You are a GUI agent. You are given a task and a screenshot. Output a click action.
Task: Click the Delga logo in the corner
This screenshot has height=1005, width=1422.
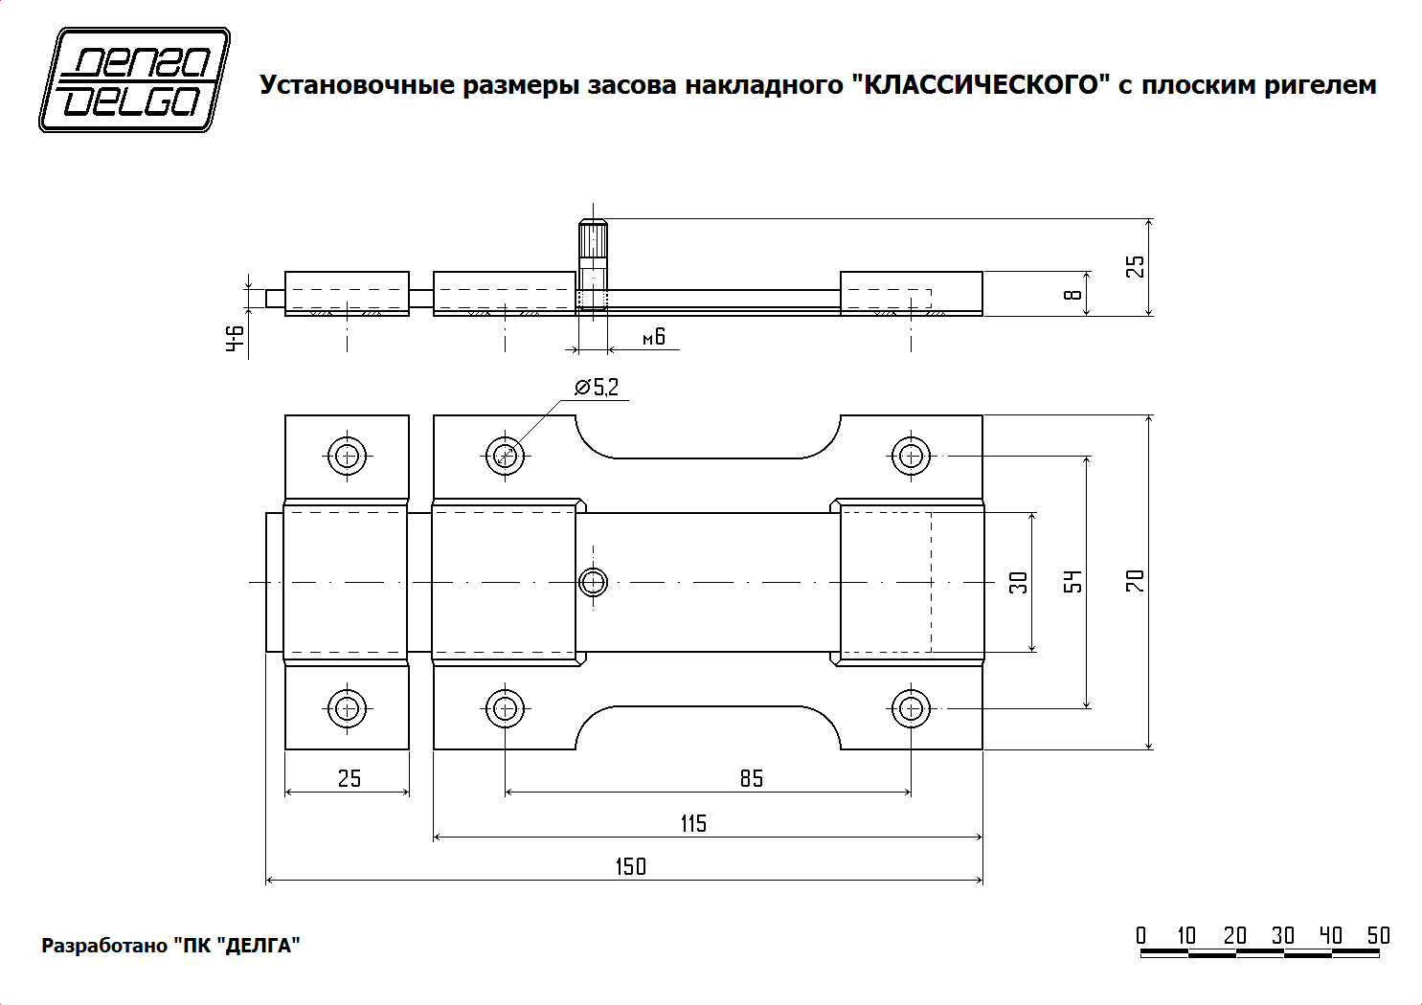click(134, 79)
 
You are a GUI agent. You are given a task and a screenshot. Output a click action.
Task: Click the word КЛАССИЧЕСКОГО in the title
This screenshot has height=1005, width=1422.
click(981, 85)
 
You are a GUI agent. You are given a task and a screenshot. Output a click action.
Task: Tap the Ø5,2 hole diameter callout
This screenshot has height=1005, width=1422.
click(598, 388)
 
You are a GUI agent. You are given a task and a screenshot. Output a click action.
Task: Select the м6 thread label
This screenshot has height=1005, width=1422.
click(654, 337)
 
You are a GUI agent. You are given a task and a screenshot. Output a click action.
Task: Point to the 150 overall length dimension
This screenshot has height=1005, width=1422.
click(630, 866)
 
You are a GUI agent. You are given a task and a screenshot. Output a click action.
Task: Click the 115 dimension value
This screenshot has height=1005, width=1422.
click(693, 823)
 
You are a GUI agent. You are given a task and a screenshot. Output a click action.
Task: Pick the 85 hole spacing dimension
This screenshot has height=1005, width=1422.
click(752, 779)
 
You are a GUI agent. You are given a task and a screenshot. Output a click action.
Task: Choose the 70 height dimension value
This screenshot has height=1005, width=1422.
click(1136, 581)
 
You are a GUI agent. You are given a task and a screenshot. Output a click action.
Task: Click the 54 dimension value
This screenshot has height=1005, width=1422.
click(1073, 581)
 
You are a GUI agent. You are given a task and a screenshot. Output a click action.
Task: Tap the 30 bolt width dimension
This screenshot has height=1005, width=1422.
click(1019, 582)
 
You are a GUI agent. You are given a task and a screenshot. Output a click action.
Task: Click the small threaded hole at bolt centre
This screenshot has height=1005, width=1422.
click(594, 581)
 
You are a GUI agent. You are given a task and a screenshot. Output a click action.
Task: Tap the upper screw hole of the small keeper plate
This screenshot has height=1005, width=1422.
click(347, 456)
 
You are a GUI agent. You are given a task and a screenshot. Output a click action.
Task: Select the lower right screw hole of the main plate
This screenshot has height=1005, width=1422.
click(911, 709)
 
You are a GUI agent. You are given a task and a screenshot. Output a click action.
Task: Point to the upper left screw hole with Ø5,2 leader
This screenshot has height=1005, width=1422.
click(505, 456)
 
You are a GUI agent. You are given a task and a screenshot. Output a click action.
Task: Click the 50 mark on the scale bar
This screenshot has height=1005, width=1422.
click(1378, 935)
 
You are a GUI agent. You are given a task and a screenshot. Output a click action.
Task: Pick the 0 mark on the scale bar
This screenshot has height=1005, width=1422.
click(1141, 935)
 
